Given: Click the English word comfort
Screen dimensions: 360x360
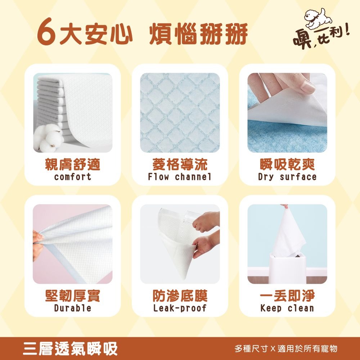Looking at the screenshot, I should point(72,177).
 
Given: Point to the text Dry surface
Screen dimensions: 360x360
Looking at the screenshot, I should point(287,177).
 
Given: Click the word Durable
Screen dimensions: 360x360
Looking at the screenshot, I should point(72,308).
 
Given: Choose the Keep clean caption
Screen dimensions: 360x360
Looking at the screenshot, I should point(287,308).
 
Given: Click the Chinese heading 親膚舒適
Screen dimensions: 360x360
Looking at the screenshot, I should point(72,165).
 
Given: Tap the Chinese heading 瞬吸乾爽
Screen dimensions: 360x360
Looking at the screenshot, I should point(287,165).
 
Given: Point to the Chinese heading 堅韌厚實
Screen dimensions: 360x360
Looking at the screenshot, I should point(72,296).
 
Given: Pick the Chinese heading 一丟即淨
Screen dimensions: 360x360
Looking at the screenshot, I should point(287,296).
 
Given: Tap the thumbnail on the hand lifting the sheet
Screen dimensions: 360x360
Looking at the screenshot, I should point(309,86).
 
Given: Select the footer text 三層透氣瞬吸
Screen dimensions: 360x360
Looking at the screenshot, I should point(70,348).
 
